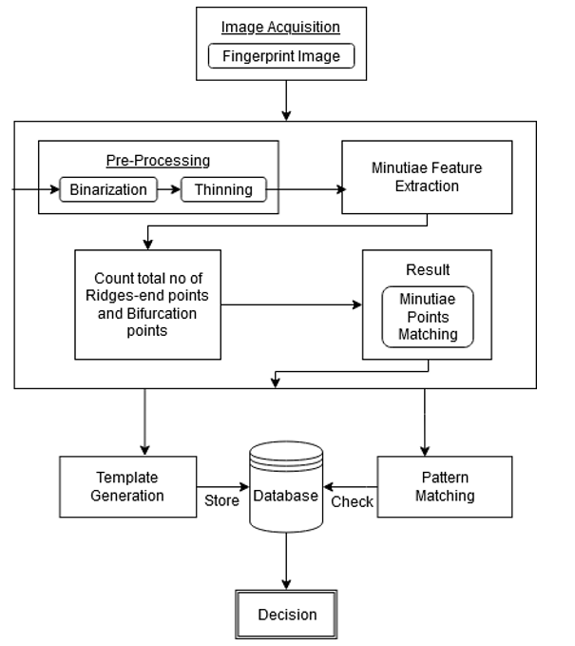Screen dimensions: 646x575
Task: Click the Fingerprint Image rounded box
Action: click(x=280, y=56)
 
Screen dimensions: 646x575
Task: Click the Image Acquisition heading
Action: click(x=280, y=27)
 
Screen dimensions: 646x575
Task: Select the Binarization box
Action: click(x=108, y=189)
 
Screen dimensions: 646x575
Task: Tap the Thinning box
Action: click(x=223, y=189)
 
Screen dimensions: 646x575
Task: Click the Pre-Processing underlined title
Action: click(x=158, y=161)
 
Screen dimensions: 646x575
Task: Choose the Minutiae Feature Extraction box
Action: click(x=427, y=177)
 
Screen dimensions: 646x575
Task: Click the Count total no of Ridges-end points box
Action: click(x=147, y=304)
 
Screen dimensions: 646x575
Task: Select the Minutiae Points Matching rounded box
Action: click(x=427, y=316)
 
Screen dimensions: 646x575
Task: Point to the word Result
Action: click(x=427, y=270)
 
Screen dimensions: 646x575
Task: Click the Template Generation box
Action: click(x=126, y=486)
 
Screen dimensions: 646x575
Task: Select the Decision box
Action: click(x=286, y=614)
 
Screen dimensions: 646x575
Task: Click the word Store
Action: click(x=220, y=501)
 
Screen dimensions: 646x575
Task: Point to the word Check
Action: click(x=352, y=501)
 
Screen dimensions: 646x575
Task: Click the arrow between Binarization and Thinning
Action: click(x=168, y=189)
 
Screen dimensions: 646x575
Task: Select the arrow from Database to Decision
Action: click(x=285, y=566)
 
